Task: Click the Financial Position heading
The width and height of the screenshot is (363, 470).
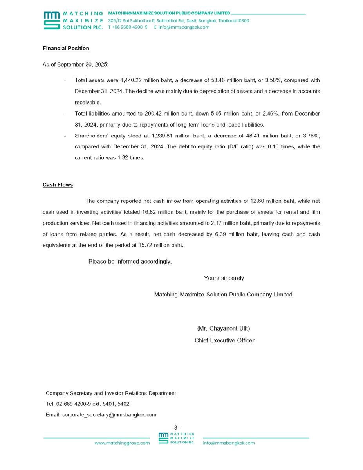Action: point(66,48)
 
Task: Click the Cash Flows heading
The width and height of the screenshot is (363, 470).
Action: point(58,184)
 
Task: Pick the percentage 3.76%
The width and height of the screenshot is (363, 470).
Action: point(311,136)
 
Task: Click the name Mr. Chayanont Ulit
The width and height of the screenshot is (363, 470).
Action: point(224,328)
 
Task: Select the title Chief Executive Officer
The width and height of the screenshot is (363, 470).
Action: point(224,340)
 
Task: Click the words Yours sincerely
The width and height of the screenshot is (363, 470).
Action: point(224,278)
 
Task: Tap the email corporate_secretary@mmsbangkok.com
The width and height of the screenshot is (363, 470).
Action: point(109,414)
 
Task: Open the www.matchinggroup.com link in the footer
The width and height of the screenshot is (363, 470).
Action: point(122,443)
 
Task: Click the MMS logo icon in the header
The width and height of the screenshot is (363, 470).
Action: point(52,20)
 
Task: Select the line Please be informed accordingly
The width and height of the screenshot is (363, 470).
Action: point(130,261)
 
